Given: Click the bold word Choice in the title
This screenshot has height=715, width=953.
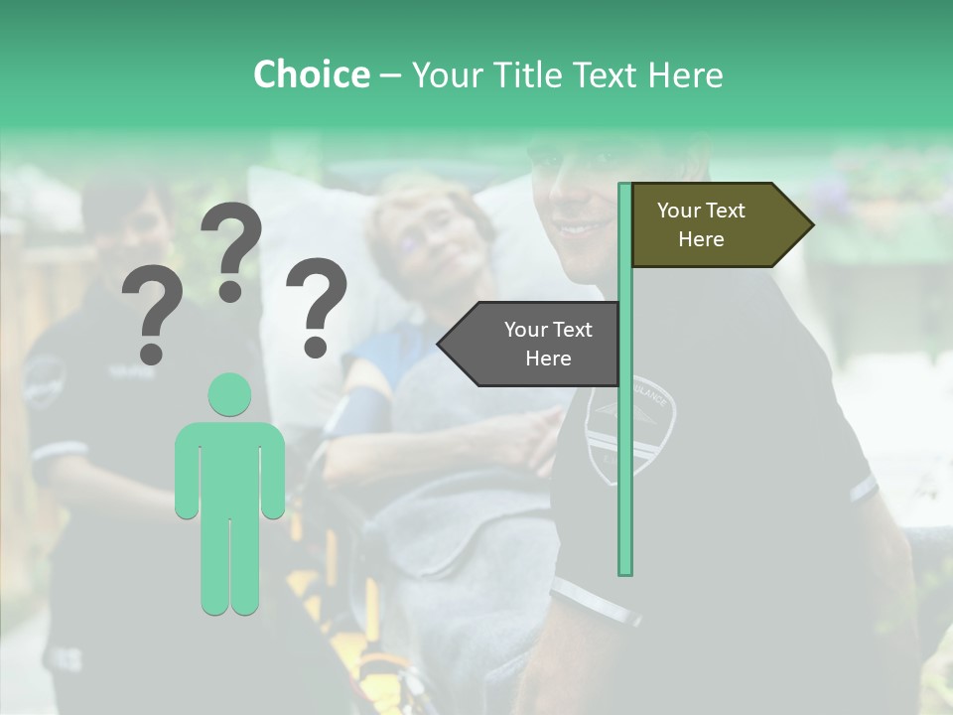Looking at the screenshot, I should coord(311,74).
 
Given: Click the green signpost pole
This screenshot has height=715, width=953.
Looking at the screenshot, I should coord(624,417).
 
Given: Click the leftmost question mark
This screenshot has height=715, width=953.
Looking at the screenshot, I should coord(151,315).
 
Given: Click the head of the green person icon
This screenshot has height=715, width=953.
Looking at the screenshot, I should coord(229,394).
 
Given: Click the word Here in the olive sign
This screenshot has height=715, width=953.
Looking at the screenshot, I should coord(701,239).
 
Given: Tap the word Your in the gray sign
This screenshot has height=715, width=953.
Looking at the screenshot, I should coord(526,330).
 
